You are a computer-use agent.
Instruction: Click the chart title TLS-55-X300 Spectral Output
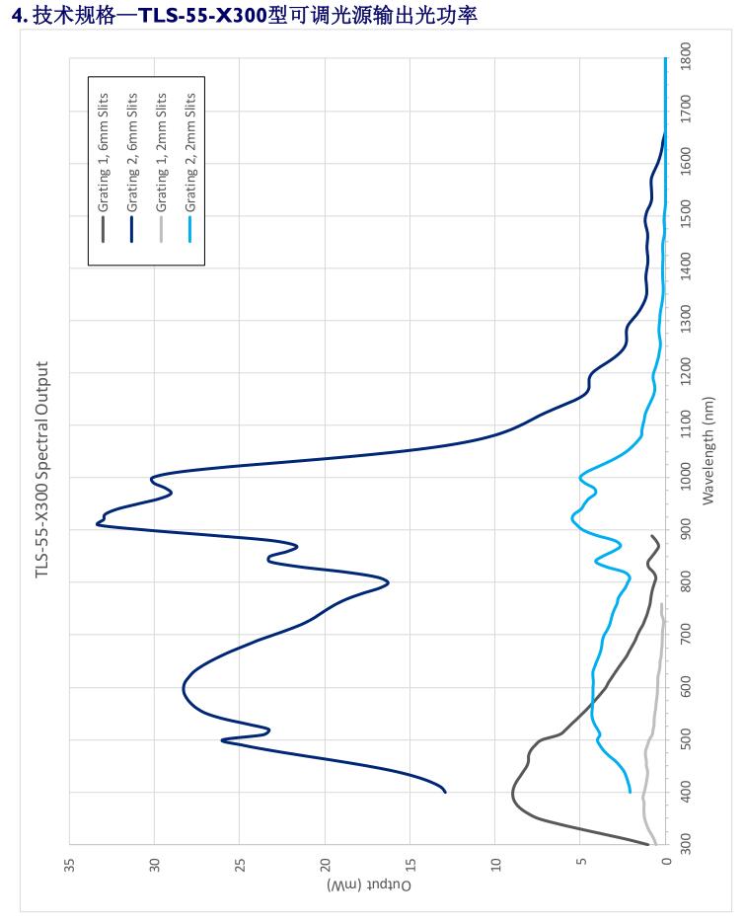[x=42, y=470]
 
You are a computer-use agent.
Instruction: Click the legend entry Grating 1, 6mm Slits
[x=104, y=153]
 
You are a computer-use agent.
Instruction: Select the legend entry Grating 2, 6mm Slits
[x=132, y=153]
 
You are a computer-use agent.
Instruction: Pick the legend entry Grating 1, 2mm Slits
[x=162, y=153]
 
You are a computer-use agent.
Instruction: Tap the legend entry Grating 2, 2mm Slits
[x=191, y=153]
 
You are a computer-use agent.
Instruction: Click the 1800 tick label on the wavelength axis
[x=686, y=58]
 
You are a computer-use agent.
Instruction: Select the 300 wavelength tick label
[x=686, y=845]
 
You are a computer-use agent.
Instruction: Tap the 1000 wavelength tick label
[x=686, y=478]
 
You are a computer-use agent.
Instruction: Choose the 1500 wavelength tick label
[x=686, y=215]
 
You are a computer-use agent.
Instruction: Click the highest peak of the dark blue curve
[x=97, y=523]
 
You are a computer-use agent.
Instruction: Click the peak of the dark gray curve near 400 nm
[x=512, y=793]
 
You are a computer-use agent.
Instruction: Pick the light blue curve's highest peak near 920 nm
[x=572, y=516]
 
